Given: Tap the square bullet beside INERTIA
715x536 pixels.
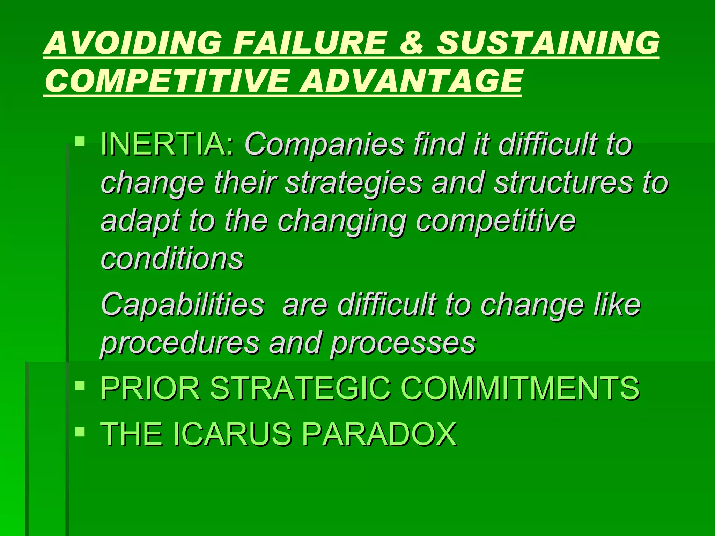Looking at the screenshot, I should click(80, 141).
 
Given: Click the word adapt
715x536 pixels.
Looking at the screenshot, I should click(140, 221).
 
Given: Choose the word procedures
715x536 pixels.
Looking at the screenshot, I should click(180, 343).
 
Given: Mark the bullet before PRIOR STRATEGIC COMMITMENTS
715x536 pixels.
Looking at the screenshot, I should click(80, 386).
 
